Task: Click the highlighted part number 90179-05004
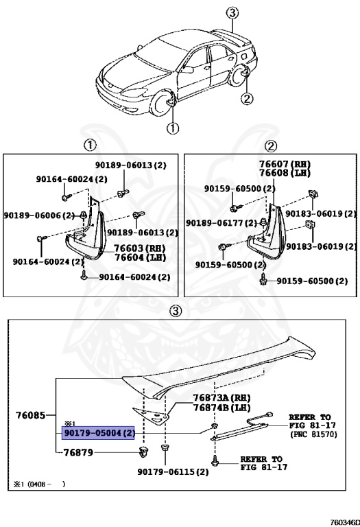(x=99, y=434)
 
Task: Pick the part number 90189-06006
(x=38, y=215)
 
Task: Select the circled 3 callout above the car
(x=232, y=12)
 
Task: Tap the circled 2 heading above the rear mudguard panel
(x=270, y=146)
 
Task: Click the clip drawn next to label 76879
(x=143, y=452)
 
